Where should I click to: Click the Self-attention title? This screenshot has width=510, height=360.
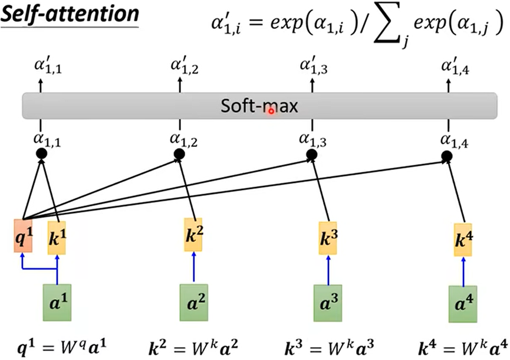tap(69, 14)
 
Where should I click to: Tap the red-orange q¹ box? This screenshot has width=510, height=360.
tap(23, 236)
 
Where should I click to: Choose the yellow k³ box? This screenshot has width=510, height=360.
tap(328, 238)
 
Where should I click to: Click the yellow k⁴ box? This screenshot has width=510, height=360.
tap(463, 240)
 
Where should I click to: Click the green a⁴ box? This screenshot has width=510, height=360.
tap(463, 303)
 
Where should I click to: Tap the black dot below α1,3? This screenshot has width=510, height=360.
tap(312, 156)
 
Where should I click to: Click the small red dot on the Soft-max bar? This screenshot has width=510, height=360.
tap(271, 110)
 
